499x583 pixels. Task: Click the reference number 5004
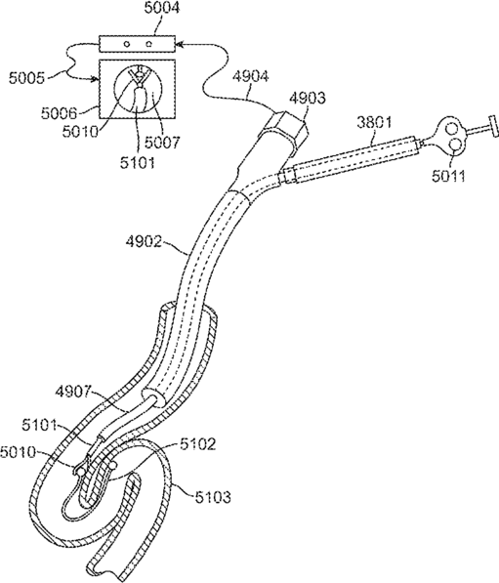(162, 9)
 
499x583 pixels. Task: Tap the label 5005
(26, 78)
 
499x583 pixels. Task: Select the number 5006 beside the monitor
(59, 113)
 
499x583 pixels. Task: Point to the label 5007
(162, 142)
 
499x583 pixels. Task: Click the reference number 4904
(250, 77)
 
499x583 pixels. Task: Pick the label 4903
(308, 99)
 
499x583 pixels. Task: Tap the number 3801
(374, 122)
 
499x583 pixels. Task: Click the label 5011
(449, 175)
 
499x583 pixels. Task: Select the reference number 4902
(144, 241)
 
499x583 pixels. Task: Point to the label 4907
(73, 392)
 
